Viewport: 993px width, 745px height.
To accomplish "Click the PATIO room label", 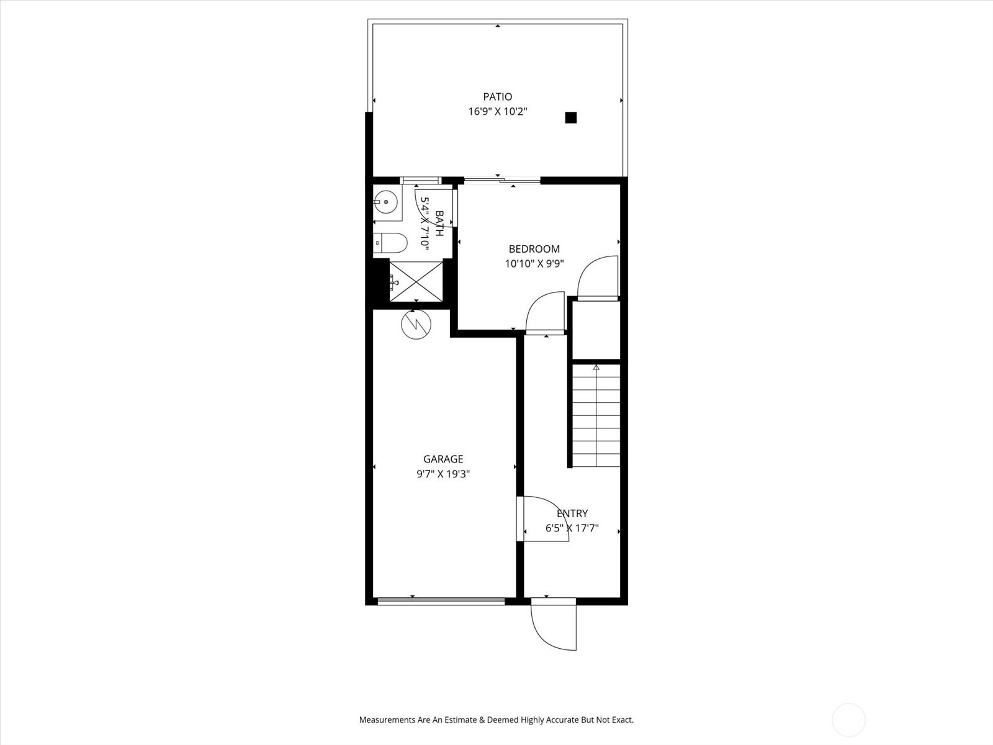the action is point(498,96).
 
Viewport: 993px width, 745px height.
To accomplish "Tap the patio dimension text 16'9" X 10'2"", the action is point(498,111).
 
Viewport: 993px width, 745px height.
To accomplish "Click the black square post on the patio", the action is point(571,117).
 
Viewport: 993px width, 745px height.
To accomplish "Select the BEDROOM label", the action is point(534,249).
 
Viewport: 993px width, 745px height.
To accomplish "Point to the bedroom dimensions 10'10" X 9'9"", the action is point(534,264).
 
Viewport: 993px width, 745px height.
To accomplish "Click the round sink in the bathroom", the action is point(385,202).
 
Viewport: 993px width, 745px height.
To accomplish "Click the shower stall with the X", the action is point(416,281).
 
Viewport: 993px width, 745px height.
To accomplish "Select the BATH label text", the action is point(439,223).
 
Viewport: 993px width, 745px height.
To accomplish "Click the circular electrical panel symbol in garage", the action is point(416,324).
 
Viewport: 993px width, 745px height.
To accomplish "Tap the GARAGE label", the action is point(443,459).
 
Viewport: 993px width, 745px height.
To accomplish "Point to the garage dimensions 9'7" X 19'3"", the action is point(443,474).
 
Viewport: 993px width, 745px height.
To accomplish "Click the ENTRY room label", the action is point(572,513).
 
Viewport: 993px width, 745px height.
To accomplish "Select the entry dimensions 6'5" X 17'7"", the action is point(572,528).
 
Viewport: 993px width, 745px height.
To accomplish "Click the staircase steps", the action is point(596,416).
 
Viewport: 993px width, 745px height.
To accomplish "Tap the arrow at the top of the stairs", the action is point(596,368).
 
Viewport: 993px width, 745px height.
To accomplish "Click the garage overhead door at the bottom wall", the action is point(441,601).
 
